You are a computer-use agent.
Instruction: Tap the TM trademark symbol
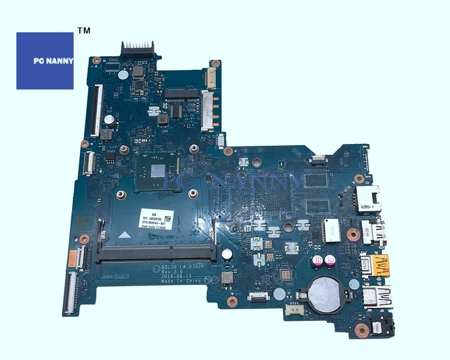pyautogui.click(x=85, y=30)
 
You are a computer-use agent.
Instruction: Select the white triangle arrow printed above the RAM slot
pyautogui.click(x=127, y=233)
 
